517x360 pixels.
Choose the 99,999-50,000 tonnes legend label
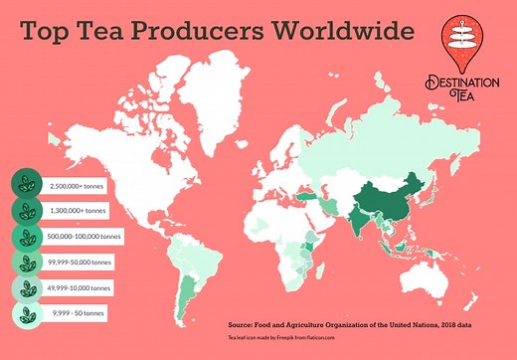pyautogui.click(x=80, y=263)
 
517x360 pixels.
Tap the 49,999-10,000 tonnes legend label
pyautogui.click(x=80, y=288)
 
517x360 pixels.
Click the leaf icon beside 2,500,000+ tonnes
pyautogui.click(x=24, y=185)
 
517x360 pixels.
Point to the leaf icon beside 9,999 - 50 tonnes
pyautogui.click(x=24, y=314)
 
